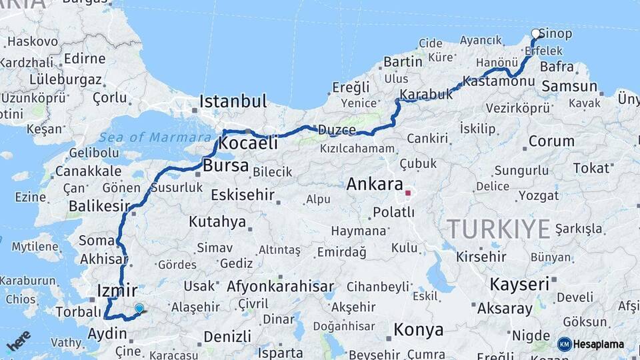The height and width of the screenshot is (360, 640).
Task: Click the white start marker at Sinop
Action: click(536, 33)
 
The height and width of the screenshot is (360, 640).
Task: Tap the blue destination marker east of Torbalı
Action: click(139, 309)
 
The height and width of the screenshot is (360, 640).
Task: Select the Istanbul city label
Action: click(233, 102)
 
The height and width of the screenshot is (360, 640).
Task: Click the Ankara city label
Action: click(374, 184)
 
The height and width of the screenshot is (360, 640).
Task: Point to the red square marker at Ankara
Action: click(407, 193)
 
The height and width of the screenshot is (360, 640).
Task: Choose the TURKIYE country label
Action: click(499, 229)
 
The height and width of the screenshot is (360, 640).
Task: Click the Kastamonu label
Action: click(499, 81)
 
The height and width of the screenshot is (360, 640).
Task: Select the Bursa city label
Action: click(226, 165)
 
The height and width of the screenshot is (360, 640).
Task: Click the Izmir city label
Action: click(117, 291)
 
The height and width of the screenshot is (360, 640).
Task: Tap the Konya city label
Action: click(419, 329)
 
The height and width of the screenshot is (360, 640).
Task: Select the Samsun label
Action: click(569, 86)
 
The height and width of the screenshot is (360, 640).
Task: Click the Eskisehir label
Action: click(243, 195)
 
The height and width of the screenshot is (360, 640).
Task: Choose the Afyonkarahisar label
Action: click(280, 287)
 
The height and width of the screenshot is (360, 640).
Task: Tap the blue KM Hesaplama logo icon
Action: click(565, 344)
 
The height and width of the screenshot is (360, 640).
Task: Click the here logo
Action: click(19, 340)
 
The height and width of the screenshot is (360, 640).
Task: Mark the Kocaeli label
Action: click(248, 143)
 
